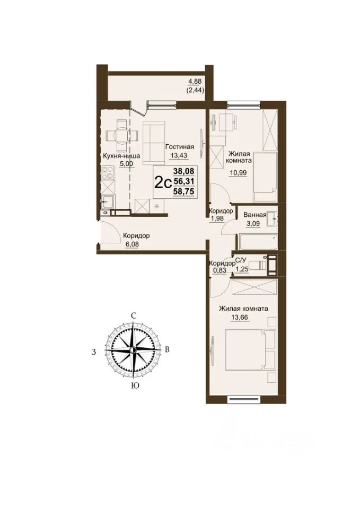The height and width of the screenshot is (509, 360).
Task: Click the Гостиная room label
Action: pos(180,147)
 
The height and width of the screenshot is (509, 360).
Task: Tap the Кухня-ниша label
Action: pos(121,156)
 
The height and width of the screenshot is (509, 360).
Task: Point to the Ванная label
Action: pos(255,215)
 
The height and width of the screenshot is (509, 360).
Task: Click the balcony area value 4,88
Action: pos(195,83)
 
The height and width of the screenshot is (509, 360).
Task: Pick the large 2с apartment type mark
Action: pos(163,183)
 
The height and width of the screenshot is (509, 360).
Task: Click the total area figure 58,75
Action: pos(184,192)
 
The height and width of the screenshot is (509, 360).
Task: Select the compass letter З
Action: pos(93,352)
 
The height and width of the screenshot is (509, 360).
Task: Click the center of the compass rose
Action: pos(133,349)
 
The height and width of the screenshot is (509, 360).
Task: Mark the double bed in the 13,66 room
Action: pos(250,349)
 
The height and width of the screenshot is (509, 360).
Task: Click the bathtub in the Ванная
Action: pos(259,242)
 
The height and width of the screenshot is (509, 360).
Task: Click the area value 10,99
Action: pos(238,173)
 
